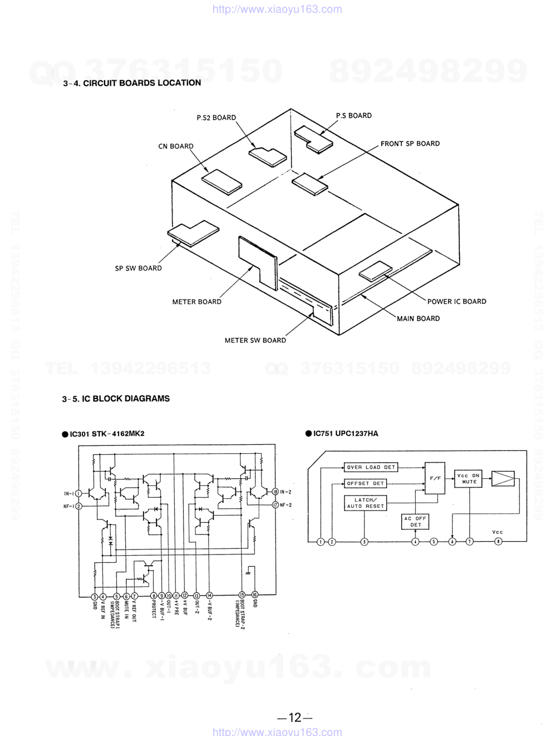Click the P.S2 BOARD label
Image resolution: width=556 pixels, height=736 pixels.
click(216, 117)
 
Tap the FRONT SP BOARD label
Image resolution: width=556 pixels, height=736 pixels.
click(410, 144)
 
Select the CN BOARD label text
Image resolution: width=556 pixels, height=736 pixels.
click(176, 146)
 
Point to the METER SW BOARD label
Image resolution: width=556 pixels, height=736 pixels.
click(255, 340)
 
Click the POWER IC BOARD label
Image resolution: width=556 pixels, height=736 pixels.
click(456, 302)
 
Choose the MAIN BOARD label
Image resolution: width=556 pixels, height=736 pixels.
click(418, 318)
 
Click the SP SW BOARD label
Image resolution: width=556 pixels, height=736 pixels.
click(138, 268)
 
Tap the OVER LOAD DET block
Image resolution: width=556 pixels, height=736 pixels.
click(371, 468)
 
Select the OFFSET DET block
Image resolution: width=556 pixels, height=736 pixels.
click(365, 483)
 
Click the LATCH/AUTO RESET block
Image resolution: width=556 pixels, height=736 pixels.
click(365, 503)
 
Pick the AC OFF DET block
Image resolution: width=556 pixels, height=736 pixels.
click(415, 522)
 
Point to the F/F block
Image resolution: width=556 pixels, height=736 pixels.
click(435, 478)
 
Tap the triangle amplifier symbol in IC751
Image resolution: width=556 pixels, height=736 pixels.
click(503, 479)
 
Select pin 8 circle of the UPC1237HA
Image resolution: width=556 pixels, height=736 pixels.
click(498, 542)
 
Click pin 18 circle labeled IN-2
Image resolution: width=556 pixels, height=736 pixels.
click(275, 492)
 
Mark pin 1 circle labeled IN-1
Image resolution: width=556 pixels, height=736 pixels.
click(78, 493)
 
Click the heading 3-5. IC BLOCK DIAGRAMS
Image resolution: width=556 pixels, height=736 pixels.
click(116, 399)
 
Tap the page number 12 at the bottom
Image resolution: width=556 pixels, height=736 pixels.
click(295, 718)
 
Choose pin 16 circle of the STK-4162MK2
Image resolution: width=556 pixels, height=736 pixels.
click(255, 594)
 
